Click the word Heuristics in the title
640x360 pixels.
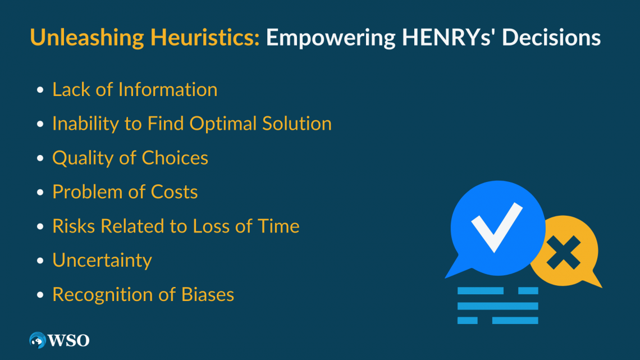[x=205, y=37]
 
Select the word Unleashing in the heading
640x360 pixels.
[x=87, y=38]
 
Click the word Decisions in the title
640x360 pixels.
[x=551, y=37]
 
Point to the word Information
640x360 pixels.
[x=168, y=89]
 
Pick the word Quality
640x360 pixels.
[x=83, y=158]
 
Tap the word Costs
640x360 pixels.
[x=174, y=192]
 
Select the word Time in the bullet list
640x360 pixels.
[x=279, y=226]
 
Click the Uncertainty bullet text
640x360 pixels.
[x=102, y=261]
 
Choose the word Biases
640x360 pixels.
[x=207, y=294]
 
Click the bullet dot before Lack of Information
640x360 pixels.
[x=40, y=90]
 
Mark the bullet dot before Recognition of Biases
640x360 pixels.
[x=40, y=295]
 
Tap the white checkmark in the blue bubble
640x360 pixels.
[x=497, y=227]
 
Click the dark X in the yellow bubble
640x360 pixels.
[x=564, y=252]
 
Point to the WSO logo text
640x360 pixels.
[x=68, y=340]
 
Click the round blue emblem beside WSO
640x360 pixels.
[x=38, y=340]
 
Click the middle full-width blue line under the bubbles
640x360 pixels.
[x=498, y=306]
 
